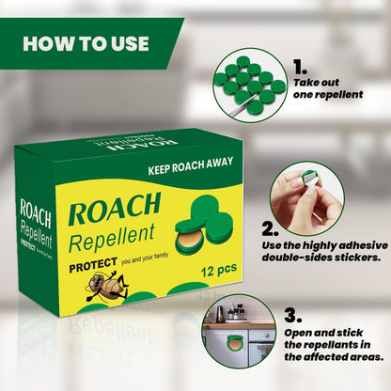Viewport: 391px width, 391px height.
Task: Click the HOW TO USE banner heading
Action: click(x=86, y=43)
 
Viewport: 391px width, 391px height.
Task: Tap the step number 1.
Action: click(x=300, y=67)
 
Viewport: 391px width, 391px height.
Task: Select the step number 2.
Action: click(x=270, y=229)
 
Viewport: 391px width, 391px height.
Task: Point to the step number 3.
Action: click(x=293, y=315)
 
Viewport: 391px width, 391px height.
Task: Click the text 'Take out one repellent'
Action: click(x=328, y=88)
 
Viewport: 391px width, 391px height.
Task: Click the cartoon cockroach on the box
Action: click(x=106, y=286)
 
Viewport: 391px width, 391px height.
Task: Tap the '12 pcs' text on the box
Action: click(x=219, y=270)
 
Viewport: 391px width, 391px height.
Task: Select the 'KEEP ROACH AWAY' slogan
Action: click(x=191, y=165)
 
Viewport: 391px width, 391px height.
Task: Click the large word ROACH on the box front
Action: click(x=115, y=209)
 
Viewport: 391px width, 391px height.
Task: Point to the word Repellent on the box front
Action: click(x=112, y=238)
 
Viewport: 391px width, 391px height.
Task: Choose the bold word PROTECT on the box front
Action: click(x=93, y=265)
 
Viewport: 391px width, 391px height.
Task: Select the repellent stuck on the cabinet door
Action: click(x=236, y=342)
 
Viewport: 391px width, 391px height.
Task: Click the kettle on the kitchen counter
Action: click(x=220, y=313)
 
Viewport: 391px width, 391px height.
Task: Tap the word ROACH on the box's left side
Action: click(x=35, y=213)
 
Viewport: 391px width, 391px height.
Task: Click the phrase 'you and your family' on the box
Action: click(x=145, y=258)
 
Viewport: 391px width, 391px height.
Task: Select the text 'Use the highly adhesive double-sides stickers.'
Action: click(x=325, y=251)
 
